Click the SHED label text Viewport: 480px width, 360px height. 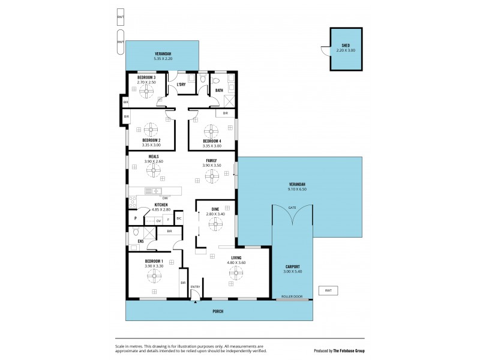(x=346, y=46)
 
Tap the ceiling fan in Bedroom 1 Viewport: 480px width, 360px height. (x=154, y=275)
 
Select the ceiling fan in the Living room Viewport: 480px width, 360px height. (x=235, y=273)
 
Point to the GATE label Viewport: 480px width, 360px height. (x=292, y=207)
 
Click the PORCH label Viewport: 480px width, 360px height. (x=218, y=311)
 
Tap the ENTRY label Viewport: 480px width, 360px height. (x=196, y=287)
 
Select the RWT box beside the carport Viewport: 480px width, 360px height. (x=328, y=290)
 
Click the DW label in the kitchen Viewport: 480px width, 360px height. (x=165, y=198)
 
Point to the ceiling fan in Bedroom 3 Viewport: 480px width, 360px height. (x=147, y=91)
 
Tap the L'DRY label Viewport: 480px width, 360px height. (x=181, y=85)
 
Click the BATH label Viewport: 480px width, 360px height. (x=220, y=91)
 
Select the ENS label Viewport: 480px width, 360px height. (x=140, y=241)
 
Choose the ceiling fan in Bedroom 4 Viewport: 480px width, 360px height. (x=211, y=131)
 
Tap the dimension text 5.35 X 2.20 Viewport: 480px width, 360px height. (x=163, y=59)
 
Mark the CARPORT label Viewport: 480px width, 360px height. (x=292, y=266)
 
